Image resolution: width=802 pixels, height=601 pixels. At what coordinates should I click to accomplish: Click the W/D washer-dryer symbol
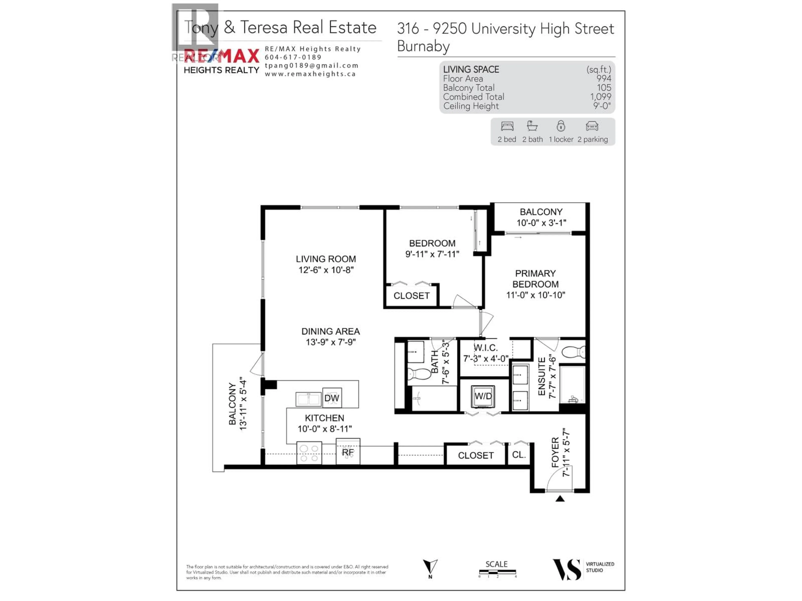click(483, 396)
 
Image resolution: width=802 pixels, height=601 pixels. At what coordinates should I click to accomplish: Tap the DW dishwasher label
click(332, 398)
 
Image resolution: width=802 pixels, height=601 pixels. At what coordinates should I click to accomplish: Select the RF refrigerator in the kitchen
click(348, 452)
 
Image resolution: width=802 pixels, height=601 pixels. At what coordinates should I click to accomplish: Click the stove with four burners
click(309, 453)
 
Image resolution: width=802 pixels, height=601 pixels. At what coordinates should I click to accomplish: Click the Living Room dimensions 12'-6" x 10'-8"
click(326, 270)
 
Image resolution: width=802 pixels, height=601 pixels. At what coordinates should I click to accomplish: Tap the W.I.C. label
click(485, 348)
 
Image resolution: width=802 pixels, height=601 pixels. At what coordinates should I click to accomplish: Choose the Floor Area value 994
click(604, 79)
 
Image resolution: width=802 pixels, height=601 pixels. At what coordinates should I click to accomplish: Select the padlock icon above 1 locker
click(561, 126)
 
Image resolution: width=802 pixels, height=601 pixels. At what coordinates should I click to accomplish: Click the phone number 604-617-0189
click(293, 57)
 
